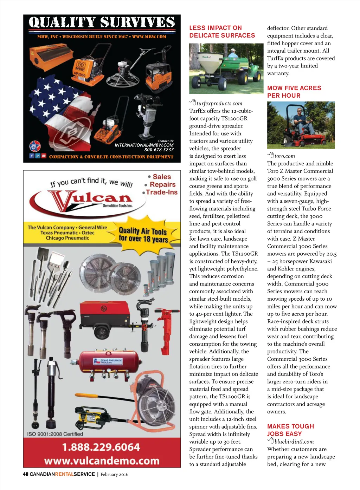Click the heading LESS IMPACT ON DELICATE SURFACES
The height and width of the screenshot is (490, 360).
(x=222, y=32)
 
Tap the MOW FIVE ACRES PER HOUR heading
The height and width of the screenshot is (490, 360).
(x=294, y=92)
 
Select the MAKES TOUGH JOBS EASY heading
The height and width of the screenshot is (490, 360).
(x=290, y=430)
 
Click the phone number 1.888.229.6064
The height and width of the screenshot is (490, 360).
(x=101, y=447)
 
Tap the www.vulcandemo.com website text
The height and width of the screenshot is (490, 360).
(x=102, y=460)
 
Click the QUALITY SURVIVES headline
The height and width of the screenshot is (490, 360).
(x=102, y=22)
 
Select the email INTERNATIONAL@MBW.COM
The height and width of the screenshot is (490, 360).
(x=144, y=145)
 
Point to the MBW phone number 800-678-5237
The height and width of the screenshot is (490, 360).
(x=159, y=150)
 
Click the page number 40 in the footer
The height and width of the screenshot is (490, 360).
(x=25, y=474)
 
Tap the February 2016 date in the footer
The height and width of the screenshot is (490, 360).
(x=114, y=475)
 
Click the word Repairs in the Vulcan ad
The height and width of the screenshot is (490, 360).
(x=162, y=184)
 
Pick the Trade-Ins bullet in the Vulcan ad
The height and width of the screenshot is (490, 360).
(x=162, y=192)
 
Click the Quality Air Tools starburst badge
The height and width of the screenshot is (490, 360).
(x=143, y=235)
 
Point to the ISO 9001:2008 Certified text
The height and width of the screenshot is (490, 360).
(x=55, y=434)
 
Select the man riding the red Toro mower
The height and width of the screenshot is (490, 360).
(x=300, y=118)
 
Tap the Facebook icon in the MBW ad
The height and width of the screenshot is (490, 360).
(x=32, y=156)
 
